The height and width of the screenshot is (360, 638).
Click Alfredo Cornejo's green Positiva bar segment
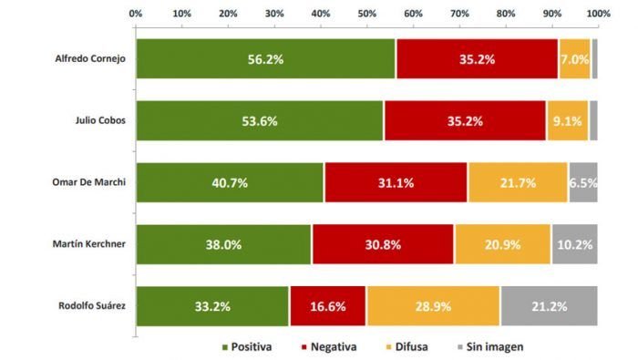[x=266, y=59]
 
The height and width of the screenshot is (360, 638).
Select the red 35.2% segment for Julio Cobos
[x=465, y=121]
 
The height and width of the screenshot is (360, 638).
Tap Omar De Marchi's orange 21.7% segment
[x=518, y=182]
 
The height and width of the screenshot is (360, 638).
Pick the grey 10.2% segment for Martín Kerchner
[x=575, y=244]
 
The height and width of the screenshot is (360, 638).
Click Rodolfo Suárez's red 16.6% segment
[x=328, y=306]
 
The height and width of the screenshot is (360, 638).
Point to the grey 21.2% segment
[x=550, y=306]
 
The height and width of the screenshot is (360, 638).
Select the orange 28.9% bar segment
[x=433, y=306]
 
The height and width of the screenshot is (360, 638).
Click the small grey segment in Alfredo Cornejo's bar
[x=595, y=59]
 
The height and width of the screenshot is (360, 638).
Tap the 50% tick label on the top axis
[x=367, y=14]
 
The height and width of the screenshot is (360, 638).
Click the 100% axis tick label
[x=598, y=14]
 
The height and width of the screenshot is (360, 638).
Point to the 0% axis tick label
[x=136, y=14]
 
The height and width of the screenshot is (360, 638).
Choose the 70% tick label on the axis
[x=459, y=14]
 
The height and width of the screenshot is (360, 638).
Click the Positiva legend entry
[x=247, y=347]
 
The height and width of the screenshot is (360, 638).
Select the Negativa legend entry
[x=329, y=347]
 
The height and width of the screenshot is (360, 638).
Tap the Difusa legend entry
[x=406, y=347]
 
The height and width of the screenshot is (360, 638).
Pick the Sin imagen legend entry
[x=490, y=347]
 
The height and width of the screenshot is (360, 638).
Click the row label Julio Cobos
[x=100, y=120]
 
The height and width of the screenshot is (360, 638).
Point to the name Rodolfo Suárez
[x=92, y=305]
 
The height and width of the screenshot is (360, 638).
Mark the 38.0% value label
[x=223, y=245]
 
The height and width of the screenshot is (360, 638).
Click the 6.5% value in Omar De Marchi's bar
[x=583, y=183]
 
